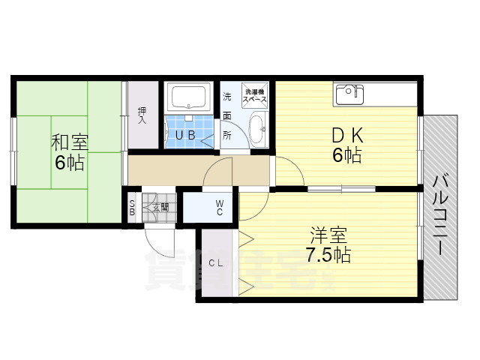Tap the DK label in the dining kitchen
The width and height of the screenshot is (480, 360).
point(347,136)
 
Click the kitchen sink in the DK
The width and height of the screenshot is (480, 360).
point(349,94)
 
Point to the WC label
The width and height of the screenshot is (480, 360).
point(220,206)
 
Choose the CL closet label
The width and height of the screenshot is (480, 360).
point(216,262)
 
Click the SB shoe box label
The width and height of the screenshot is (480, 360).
point(133,207)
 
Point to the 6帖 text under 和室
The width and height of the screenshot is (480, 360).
point(67,161)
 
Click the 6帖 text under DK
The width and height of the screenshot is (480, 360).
point(347,156)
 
